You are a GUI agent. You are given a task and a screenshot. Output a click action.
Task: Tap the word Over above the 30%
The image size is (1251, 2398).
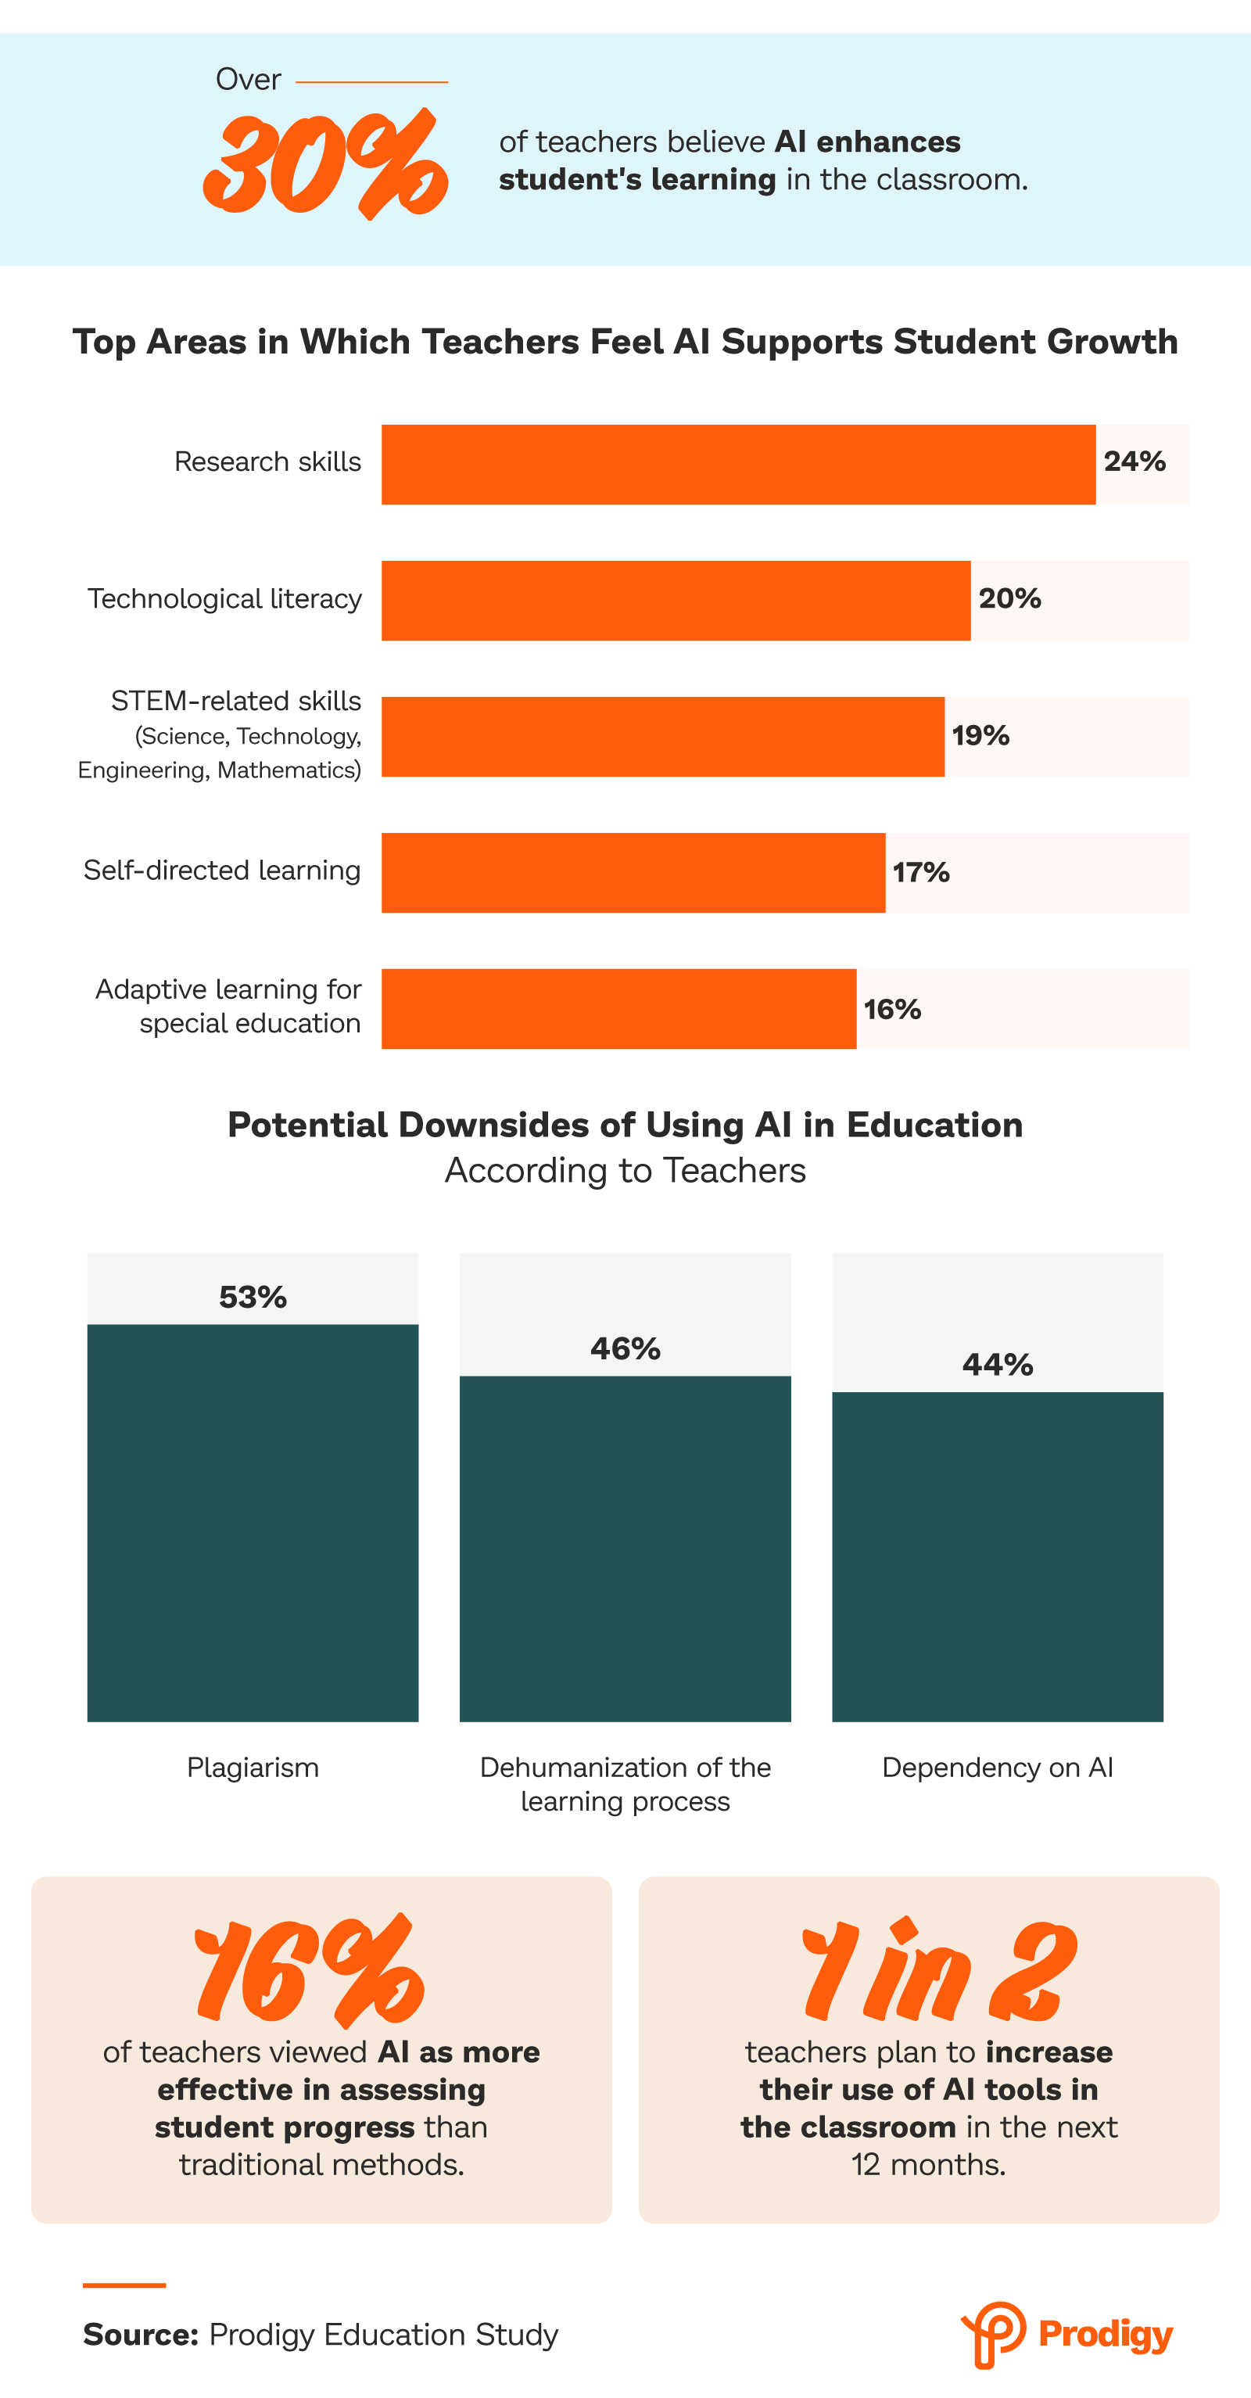(248, 80)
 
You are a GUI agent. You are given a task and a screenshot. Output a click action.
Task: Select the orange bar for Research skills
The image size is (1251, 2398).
(737, 465)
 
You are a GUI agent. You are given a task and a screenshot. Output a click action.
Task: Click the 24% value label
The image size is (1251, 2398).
(1134, 461)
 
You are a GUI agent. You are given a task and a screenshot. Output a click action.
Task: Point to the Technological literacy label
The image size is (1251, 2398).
(224, 598)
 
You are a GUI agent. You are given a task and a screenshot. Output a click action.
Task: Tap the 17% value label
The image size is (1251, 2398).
(920, 872)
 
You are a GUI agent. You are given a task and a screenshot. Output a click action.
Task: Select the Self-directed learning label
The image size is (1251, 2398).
(221, 871)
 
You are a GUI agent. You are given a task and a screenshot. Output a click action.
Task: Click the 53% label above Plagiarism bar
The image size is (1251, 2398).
(253, 1297)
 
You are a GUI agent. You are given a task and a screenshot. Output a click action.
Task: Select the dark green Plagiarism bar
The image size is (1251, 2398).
(253, 1522)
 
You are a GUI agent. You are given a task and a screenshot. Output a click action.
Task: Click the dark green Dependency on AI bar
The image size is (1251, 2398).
(997, 1556)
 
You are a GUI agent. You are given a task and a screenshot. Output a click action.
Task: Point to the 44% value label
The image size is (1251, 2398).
(997, 1365)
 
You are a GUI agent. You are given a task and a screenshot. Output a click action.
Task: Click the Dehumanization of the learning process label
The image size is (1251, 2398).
(625, 1783)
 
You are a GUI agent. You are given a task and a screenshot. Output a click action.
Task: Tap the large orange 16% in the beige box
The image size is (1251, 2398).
(309, 1972)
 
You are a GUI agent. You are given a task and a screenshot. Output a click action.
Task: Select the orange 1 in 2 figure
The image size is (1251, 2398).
(938, 1972)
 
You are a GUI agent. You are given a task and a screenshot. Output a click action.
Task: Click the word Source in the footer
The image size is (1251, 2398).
(141, 2335)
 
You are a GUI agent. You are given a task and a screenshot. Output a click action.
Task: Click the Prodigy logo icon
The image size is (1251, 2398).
(993, 2334)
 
